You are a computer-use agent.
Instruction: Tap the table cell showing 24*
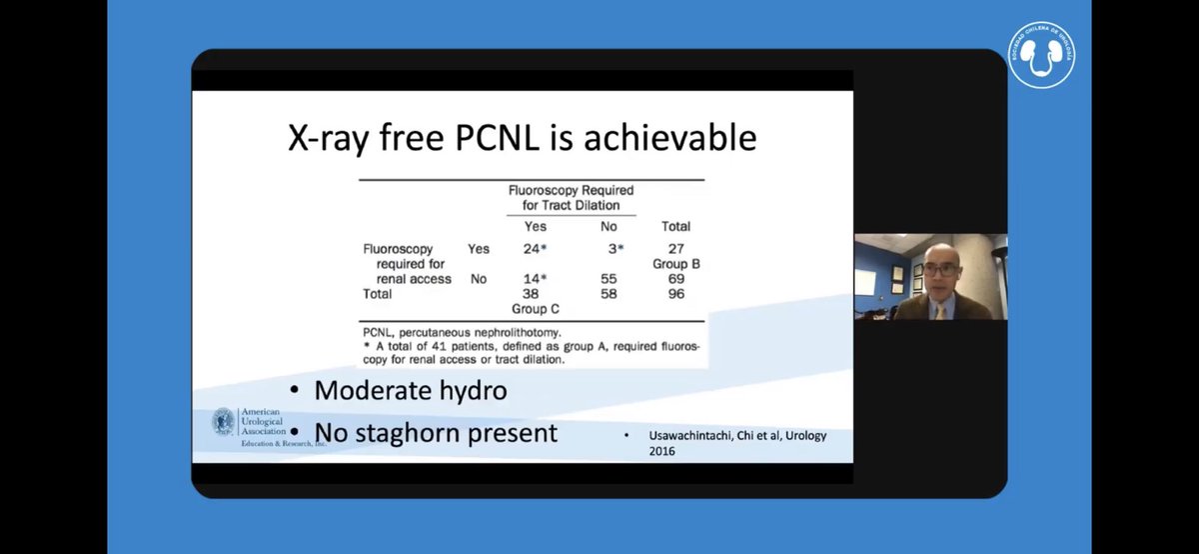click(537, 247)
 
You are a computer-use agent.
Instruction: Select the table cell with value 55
click(607, 279)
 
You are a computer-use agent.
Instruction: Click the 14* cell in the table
click(537, 279)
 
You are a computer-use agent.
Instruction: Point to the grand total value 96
click(675, 294)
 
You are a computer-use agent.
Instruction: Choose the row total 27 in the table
click(675, 247)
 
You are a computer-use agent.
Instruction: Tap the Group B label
click(676, 263)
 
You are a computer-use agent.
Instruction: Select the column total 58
click(607, 294)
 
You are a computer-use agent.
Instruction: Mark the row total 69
click(675, 279)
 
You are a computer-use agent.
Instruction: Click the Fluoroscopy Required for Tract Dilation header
click(571, 197)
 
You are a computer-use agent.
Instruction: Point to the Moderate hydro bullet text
click(410, 390)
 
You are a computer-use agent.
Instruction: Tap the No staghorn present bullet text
click(435, 433)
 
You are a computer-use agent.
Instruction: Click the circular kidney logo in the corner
click(1041, 56)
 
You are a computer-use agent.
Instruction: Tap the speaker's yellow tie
click(940, 311)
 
